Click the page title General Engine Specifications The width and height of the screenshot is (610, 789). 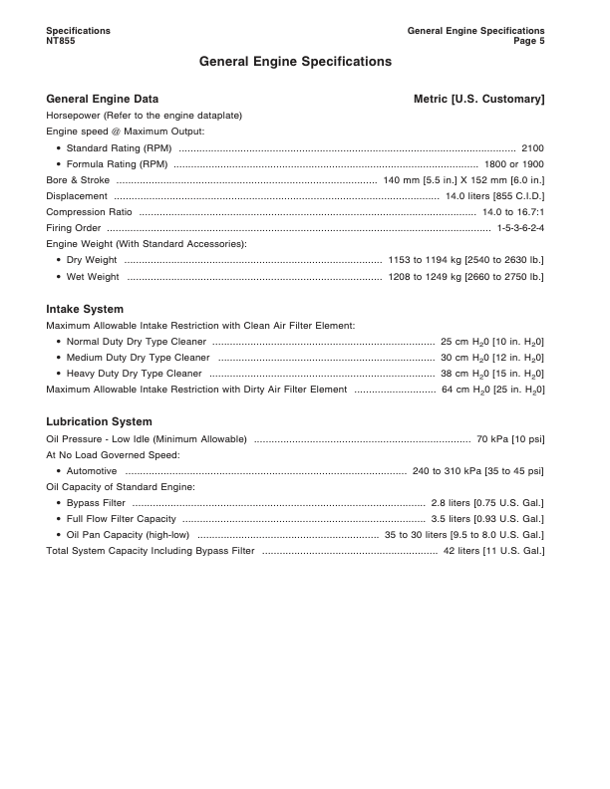pyautogui.click(x=295, y=62)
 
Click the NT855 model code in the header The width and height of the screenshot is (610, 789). pyautogui.click(x=61, y=41)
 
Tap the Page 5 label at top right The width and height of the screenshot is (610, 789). pyautogui.click(x=529, y=41)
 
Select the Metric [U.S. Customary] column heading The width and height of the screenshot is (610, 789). pyautogui.click(x=478, y=100)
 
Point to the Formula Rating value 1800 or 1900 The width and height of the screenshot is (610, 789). pyautogui.click(x=513, y=163)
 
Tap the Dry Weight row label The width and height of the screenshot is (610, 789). pyautogui.click(x=92, y=260)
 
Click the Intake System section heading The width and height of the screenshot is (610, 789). pyautogui.click(x=85, y=309)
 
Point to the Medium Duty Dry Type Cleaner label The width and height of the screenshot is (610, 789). pyautogui.click(x=138, y=357)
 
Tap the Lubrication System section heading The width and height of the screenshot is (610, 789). pyautogui.click(x=99, y=421)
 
